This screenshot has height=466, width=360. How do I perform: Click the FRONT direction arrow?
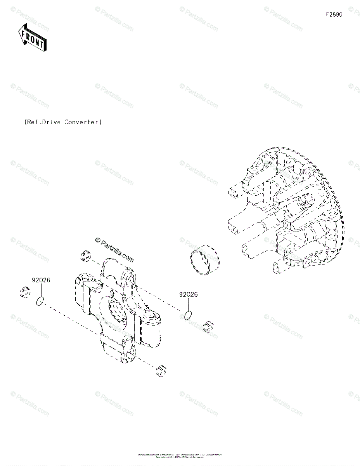[x=32, y=37]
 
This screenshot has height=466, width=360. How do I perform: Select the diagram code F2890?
[x=334, y=15]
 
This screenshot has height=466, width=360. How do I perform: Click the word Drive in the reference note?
[x=51, y=122]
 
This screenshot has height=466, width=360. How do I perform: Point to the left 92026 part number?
[x=41, y=280]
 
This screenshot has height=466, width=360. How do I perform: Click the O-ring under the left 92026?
[x=40, y=301]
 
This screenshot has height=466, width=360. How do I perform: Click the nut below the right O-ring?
[x=209, y=326]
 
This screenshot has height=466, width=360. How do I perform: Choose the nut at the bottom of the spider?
[x=161, y=370]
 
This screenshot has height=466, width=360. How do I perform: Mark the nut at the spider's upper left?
[x=86, y=257]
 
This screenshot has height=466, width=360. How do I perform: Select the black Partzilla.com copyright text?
[x=114, y=250]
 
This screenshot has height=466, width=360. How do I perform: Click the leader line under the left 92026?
[x=41, y=290]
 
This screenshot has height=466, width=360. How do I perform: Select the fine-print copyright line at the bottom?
[x=180, y=456]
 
